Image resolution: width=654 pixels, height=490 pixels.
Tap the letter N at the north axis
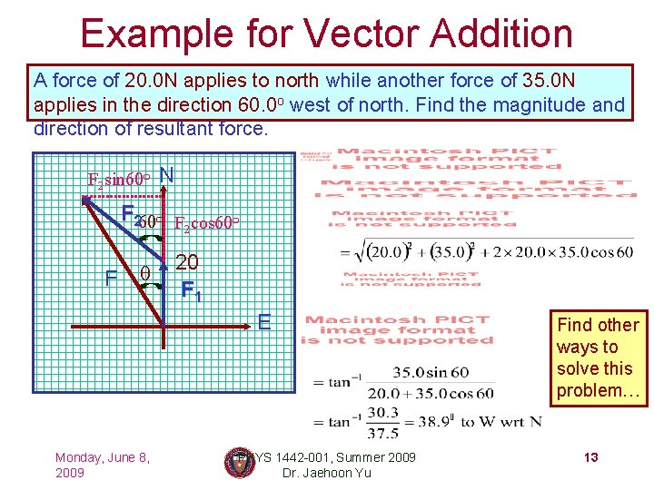pyautogui.click(x=166, y=174)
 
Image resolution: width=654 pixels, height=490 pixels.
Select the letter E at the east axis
pyautogui.click(x=264, y=321)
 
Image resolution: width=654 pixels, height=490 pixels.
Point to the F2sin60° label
pyautogui.click(x=118, y=179)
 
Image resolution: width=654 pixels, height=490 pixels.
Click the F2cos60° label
pyautogui.click(x=206, y=223)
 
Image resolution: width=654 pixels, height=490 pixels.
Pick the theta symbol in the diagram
pyautogui.click(x=145, y=271)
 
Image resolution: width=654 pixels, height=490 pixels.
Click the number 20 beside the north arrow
pyautogui.click(x=187, y=263)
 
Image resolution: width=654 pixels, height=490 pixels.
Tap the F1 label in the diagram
pyautogui.click(x=191, y=291)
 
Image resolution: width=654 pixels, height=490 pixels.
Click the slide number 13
pyautogui.click(x=590, y=457)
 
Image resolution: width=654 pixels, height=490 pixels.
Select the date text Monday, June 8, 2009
pyautogui.click(x=102, y=465)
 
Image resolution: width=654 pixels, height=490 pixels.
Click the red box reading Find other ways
pyautogui.click(x=599, y=358)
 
